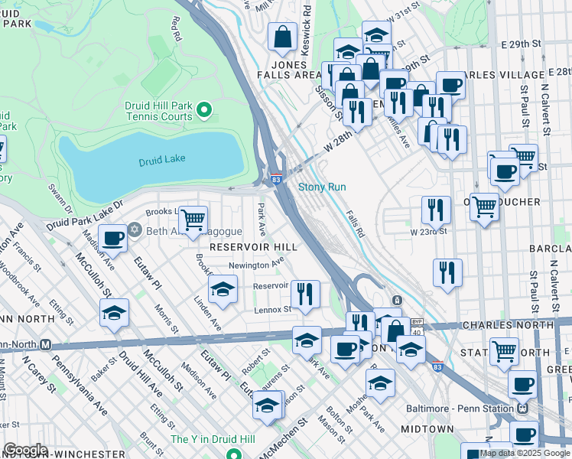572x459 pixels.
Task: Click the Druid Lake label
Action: click(162, 161)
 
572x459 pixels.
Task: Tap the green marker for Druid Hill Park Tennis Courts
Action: click(203, 112)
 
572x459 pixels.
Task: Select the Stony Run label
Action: click(322, 187)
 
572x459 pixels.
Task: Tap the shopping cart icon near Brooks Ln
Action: click(193, 220)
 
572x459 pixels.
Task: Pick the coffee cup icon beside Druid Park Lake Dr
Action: click(113, 238)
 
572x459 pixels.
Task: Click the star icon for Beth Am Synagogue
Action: click(135, 230)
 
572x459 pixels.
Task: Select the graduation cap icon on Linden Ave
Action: click(223, 290)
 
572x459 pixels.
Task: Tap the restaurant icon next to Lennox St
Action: click(305, 294)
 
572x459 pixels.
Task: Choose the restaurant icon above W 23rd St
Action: click(435, 209)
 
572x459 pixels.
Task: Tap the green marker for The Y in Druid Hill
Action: click(231, 438)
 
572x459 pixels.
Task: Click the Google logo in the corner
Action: click(24, 450)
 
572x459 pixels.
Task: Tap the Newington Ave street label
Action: click(256, 265)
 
